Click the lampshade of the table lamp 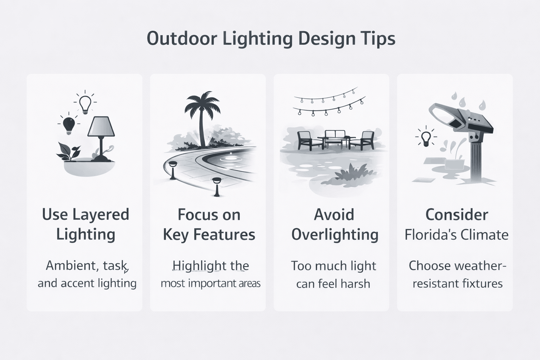101,127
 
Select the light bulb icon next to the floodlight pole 426,138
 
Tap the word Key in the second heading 176,235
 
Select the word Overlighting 335,235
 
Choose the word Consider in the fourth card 456,215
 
